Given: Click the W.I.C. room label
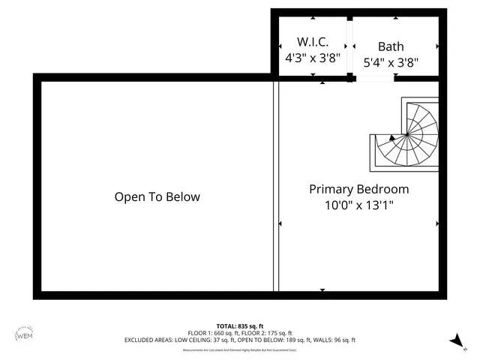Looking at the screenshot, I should (x=313, y=43).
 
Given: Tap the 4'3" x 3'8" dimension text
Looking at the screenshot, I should (x=313, y=57).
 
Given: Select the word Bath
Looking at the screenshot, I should (x=390, y=46).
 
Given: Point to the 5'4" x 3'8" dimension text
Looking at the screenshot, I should (x=390, y=64).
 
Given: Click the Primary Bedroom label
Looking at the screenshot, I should (x=358, y=189).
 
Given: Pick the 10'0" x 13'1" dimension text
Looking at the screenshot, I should (x=358, y=204).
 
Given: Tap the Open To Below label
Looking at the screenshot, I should (x=157, y=197).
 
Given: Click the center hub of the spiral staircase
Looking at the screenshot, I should (x=406, y=135).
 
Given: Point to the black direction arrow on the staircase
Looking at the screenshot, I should (x=392, y=138).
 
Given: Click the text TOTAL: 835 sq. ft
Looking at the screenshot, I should (x=240, y=325).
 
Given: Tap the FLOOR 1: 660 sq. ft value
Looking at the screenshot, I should (x=214, y=333).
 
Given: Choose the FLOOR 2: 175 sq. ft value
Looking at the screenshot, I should (x=267, y=333).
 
